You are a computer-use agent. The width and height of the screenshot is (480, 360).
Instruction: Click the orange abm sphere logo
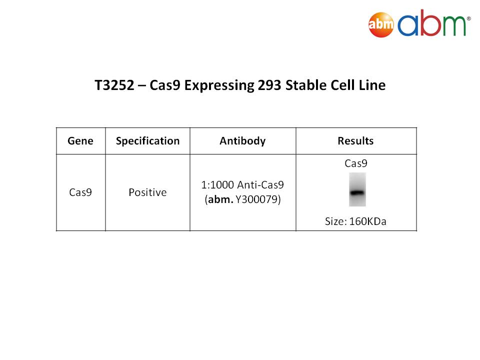tap(381, 24)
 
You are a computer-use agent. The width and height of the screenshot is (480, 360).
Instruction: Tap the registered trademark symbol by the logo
tap(468, 18)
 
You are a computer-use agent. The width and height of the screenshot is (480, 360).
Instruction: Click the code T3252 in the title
tap(114, 85)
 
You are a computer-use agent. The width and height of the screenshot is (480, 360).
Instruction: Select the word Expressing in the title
tap(219, 85)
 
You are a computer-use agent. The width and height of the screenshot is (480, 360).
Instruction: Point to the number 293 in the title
tap(269, 85)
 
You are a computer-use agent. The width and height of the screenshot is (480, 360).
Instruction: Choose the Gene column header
tap(80, 141)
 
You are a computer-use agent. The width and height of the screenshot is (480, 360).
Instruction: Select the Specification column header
tap(147, 141)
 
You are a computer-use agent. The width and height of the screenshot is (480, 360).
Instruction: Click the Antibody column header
tap(242, 141)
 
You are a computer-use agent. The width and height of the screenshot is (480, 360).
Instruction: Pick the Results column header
tap(355, 141)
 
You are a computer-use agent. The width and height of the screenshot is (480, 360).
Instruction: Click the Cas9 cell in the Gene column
tap(80, 192)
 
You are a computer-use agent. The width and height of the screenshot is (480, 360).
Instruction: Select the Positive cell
tap(147, 192)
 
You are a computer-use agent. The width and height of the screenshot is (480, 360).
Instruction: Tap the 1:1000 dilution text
tap(217, 185)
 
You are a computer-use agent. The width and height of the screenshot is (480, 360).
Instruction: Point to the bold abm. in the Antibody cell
tap(220, 199)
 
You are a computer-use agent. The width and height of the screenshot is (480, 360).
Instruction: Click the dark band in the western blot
tap(357, 193)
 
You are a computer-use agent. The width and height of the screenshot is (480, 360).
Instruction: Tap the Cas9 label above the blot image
tap(355, 163)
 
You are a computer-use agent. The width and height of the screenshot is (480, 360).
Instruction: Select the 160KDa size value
tap(367, 221)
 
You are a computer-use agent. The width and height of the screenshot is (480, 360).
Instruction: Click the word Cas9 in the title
tap(164, 85)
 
